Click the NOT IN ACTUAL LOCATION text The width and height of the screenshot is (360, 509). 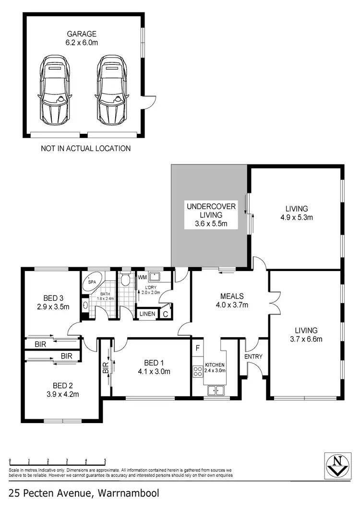click(x=86, y=149)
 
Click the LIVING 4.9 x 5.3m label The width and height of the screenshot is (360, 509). click(x=296, y=213)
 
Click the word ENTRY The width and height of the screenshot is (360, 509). click(x=253, y=357)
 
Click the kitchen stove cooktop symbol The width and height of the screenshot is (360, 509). click(x=197, y=370)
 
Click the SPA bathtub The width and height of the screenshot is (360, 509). click(x=91, y=283)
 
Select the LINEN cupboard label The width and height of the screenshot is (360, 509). click(x=147, y=314)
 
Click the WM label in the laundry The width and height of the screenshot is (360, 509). click(x=142, y=277)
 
